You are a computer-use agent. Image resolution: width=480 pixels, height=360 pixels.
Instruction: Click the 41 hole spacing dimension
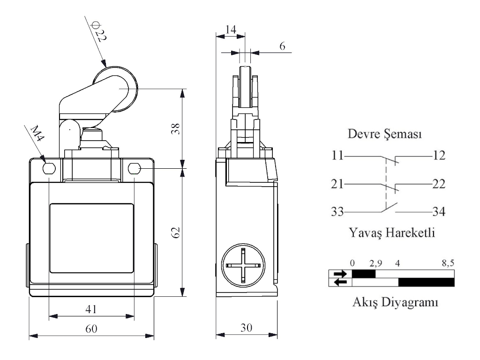pyautogui.click(x=91, y=308)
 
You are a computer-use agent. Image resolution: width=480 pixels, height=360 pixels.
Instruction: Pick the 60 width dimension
pyautogui.click(x=91, y=329)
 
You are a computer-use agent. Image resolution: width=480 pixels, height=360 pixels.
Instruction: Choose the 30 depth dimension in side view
pyautogui.click(x=246, y=328)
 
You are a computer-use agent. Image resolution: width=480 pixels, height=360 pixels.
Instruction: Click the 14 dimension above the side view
pyautogui.click(x=231, y=29)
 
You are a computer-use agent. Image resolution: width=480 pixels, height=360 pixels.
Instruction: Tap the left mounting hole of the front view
pyautogui.click(x=49, y=168)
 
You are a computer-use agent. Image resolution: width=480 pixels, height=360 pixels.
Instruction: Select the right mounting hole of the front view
pyautogui.click(x=135, y=168)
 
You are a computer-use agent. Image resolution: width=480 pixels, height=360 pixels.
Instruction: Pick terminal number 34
pyautogui.click(x=438, y=212)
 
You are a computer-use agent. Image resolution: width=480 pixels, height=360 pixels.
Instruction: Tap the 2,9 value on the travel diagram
pyautogui.click(x=375, y=262)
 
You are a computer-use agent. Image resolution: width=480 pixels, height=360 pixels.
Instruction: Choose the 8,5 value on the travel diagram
pyautogui.click(x=448, y=262)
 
